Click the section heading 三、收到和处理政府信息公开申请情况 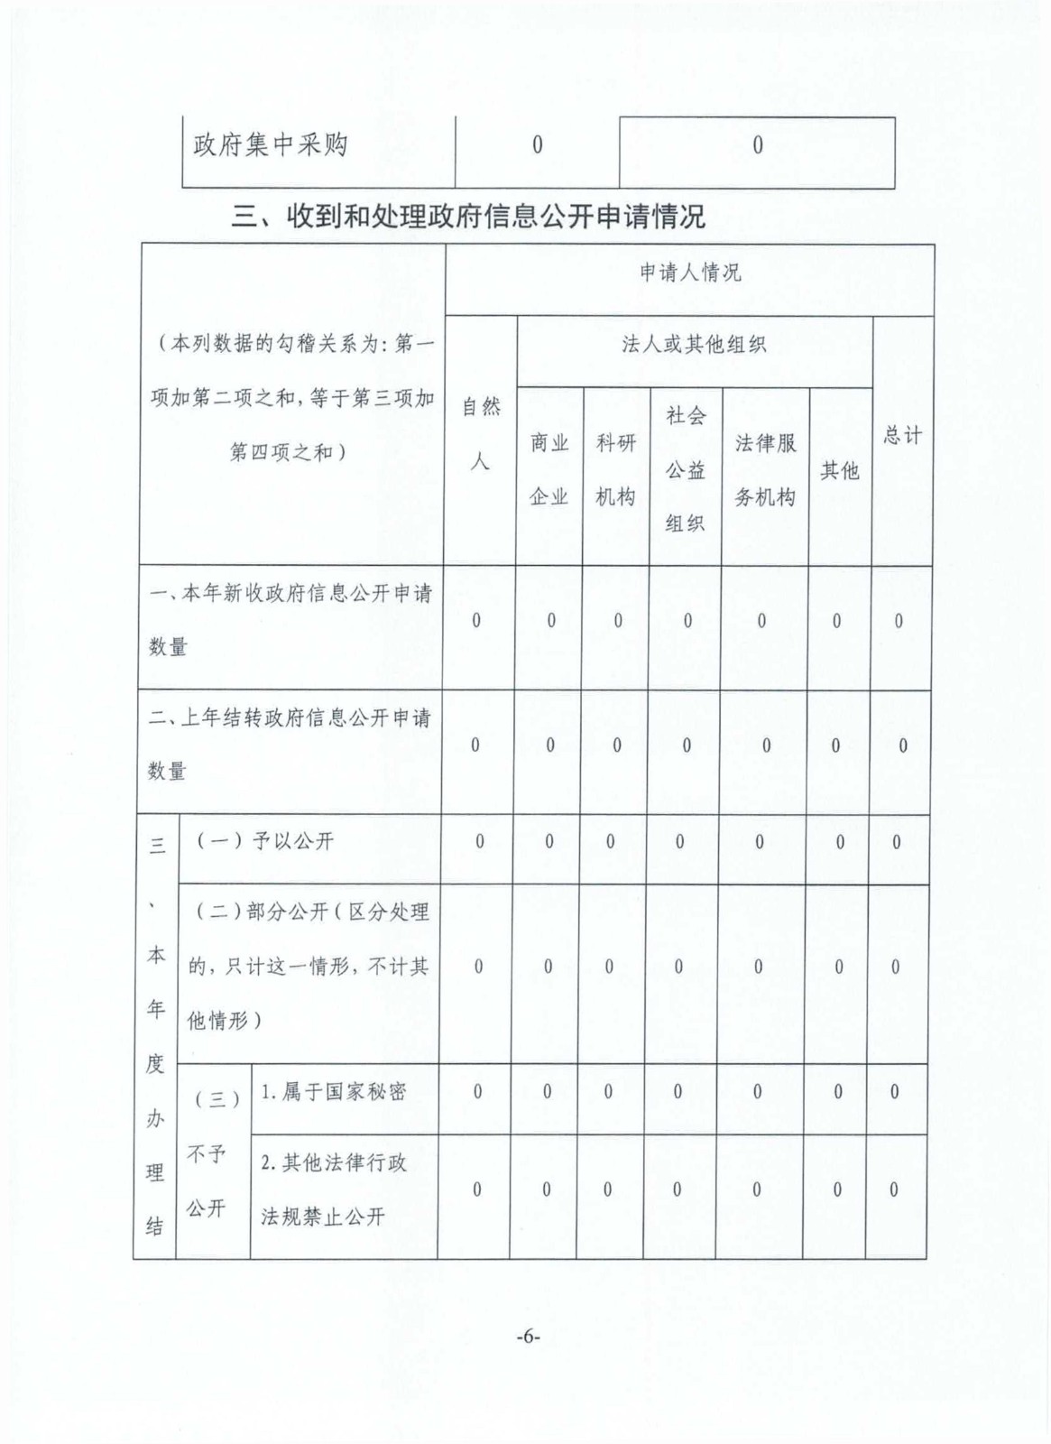[468, 217]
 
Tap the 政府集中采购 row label [270, 145]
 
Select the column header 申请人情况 [690, 273]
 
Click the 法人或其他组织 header [693, 344]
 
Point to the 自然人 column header [480, 434]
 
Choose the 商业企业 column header [549, 469]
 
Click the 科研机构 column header [616, 469]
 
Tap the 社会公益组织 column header [686, 469]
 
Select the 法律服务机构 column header [765, 469]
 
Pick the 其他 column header [839, 470]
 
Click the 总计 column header [901, 435]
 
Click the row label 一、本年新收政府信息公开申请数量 [290, 620]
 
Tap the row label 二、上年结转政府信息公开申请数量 [290, 745]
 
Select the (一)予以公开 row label [265, 841]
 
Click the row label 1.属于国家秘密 [333, 1092]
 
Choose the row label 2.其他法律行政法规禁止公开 [333, 1189]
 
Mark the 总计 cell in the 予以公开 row [896, 842]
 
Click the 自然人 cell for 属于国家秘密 [478, 1092]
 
